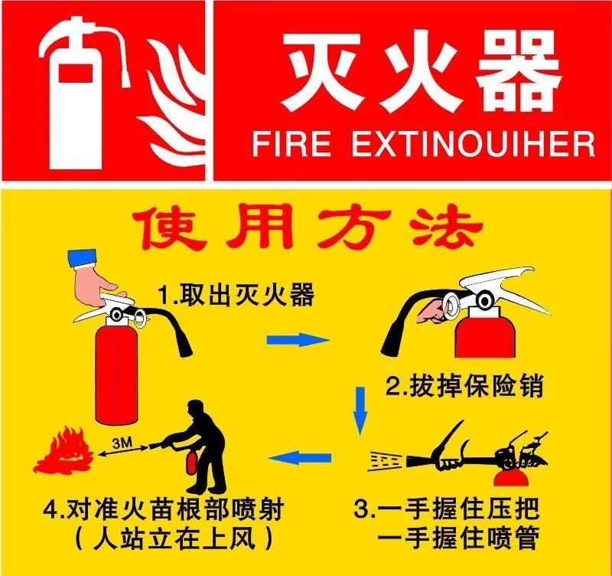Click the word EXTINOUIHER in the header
473,143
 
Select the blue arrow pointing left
302,458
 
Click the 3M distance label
121,442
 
